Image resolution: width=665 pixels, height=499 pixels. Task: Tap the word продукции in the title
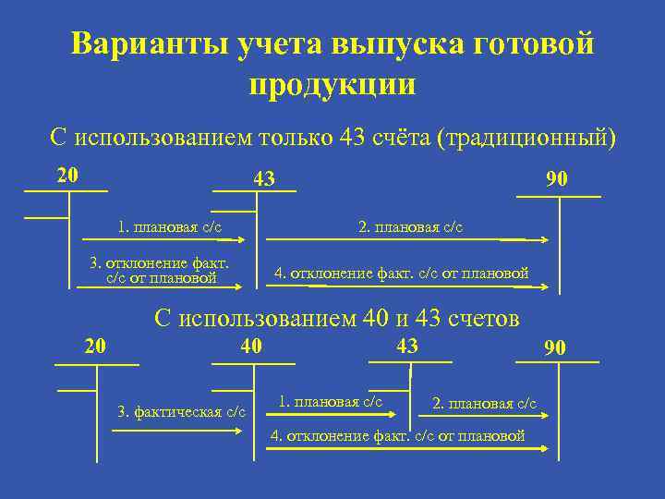(332, 84)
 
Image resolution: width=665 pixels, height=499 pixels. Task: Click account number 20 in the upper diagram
(67, 175)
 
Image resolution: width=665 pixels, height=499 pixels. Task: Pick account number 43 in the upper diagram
(264, 178)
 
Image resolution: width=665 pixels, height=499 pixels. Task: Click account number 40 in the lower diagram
(251, 346)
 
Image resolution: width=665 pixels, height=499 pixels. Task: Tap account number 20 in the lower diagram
(95, 347)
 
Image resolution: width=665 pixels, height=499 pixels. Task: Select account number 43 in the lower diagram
(406, 346)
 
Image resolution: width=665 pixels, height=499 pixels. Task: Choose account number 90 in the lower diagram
(555, 347)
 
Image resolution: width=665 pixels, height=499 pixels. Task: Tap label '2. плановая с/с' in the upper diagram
(411, 227)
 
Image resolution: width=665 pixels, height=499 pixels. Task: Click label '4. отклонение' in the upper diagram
(402, 273)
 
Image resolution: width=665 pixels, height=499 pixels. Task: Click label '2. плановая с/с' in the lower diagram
(484, 404)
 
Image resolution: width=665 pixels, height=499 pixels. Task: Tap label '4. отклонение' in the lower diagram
(397, 436)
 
